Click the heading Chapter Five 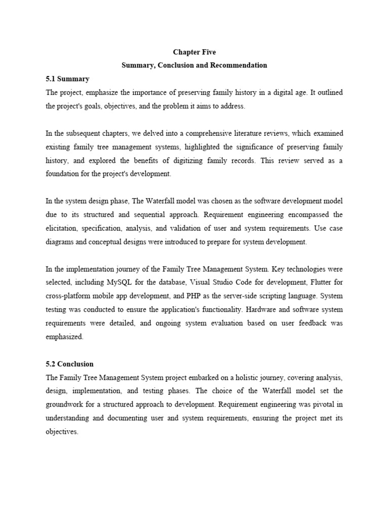(x=194, y=52)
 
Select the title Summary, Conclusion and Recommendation (x=194, y=65)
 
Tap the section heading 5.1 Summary (x=67, y=79)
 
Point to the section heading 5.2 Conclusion (x=70, y=364)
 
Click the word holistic (x=245, y=377)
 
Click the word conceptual (x=105, y=242)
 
